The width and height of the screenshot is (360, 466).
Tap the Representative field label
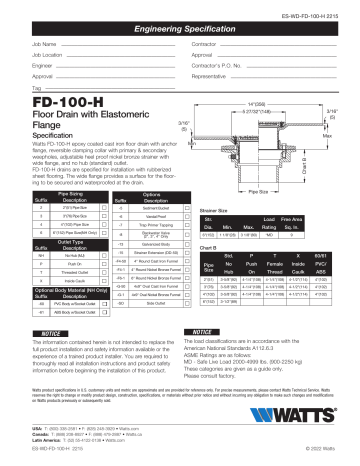pos(214,76)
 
